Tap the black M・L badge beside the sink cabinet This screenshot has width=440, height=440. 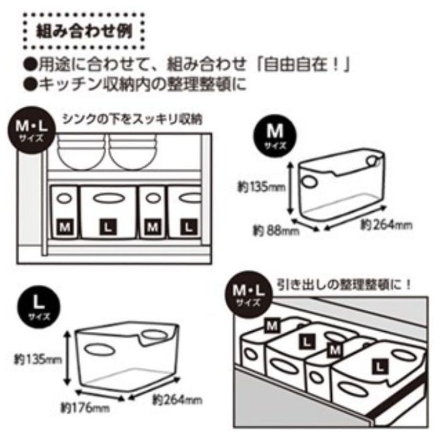coord(31,129)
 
